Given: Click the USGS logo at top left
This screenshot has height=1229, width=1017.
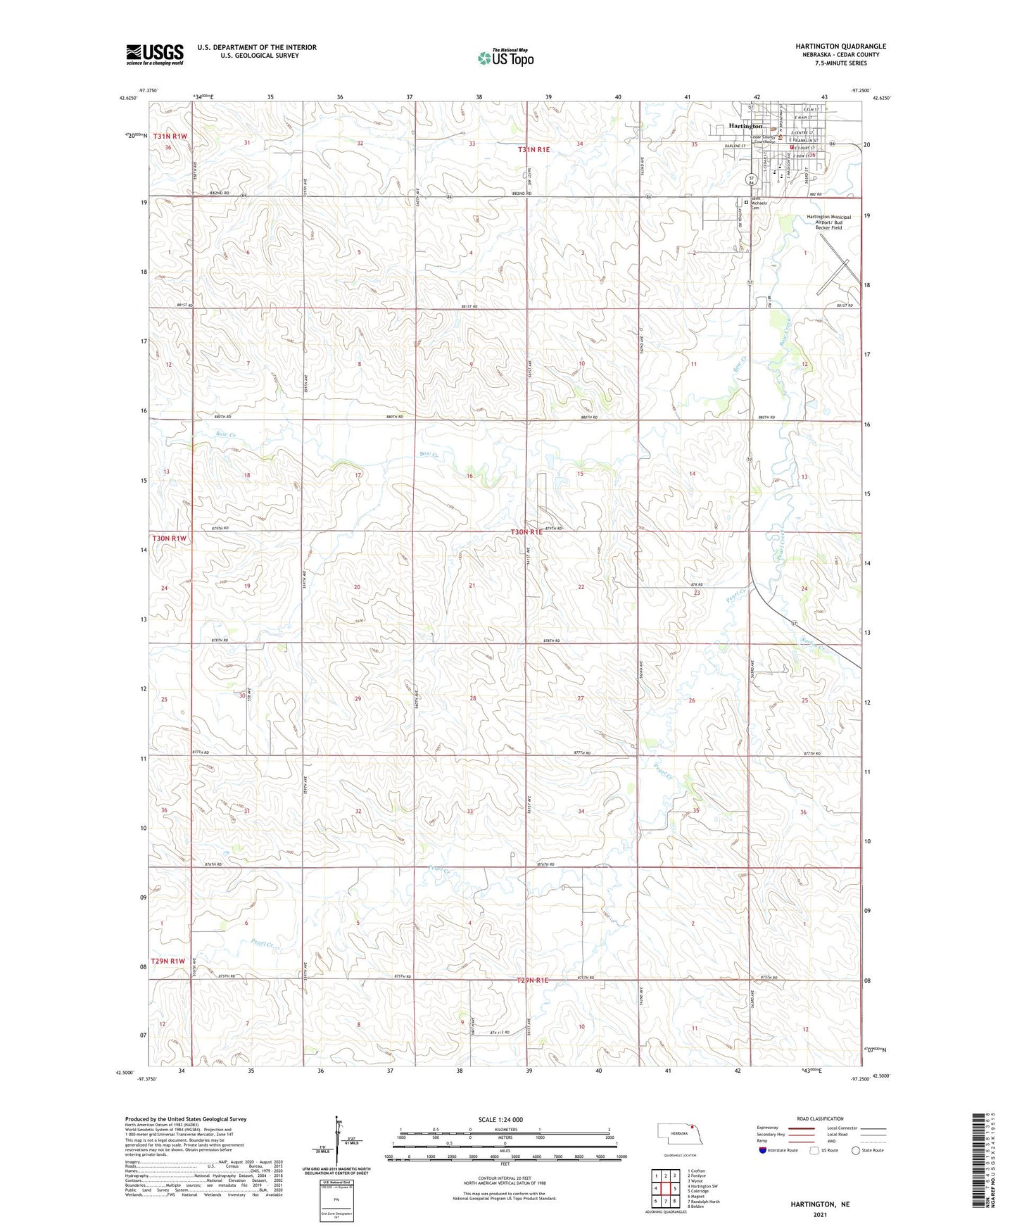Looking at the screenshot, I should point(155,54).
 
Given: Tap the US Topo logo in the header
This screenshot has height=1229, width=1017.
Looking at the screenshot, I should point(505,58).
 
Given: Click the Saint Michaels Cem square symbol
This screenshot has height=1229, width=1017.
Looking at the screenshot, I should point(746,201).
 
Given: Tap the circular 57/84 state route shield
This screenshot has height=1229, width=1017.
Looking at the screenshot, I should point(752,181).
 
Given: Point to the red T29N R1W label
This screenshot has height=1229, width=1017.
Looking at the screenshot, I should point(168,961).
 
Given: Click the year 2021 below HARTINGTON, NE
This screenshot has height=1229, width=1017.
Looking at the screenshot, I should point(819,1215).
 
